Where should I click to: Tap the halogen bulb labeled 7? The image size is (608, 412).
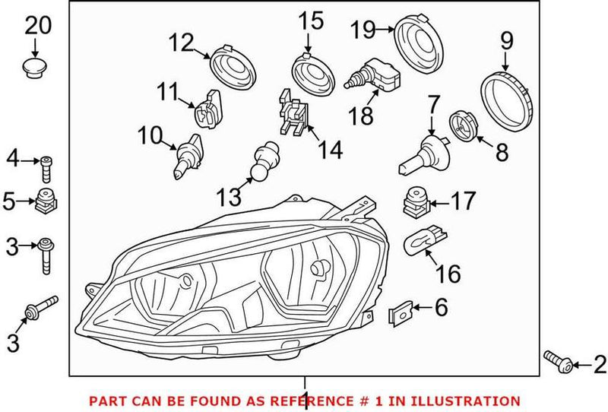click(422, 152)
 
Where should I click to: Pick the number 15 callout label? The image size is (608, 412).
click(312, 21)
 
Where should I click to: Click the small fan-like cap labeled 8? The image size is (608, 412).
click(463, 125)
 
